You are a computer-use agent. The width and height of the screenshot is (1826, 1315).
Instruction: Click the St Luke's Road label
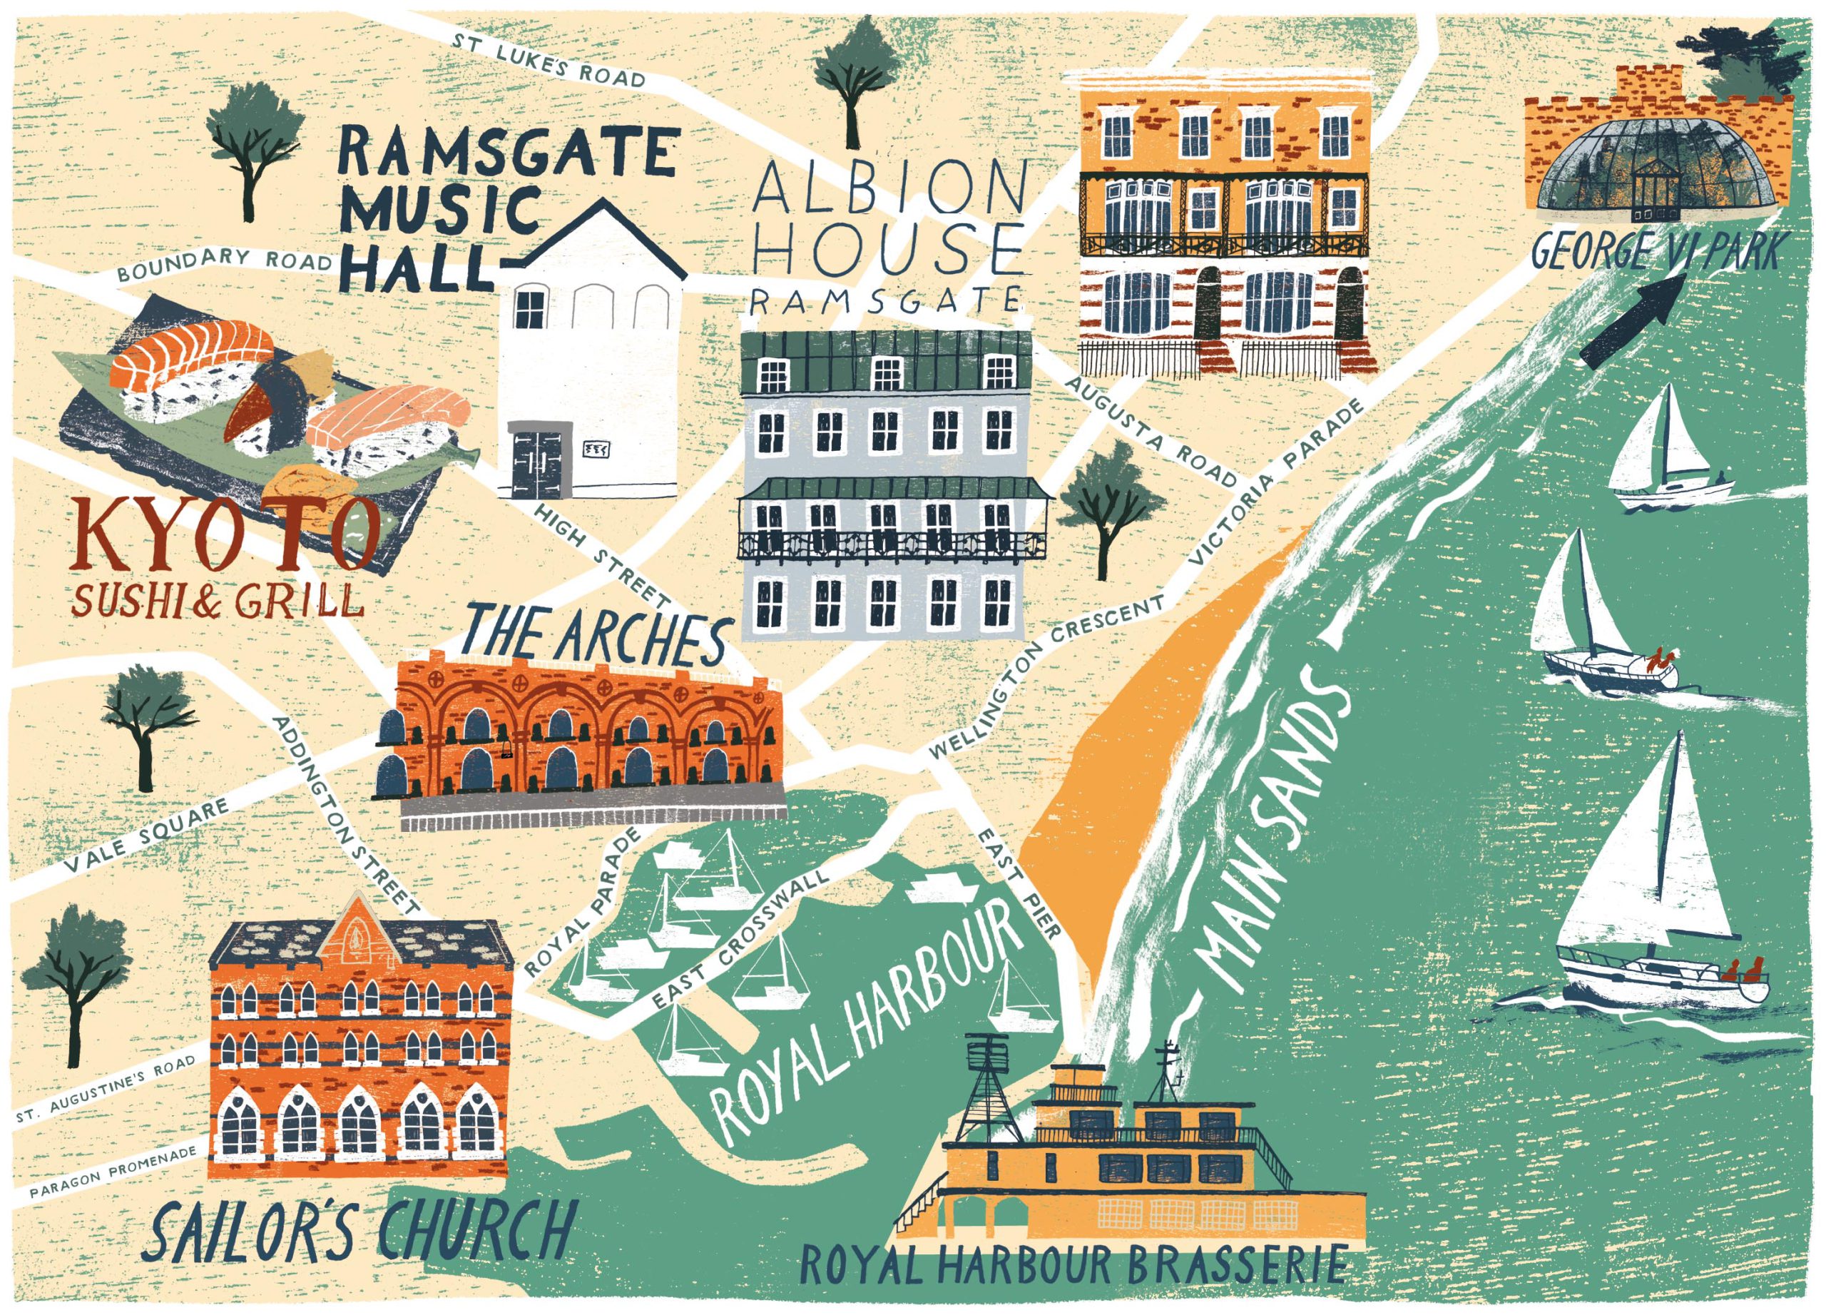(x=548, y=61)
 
